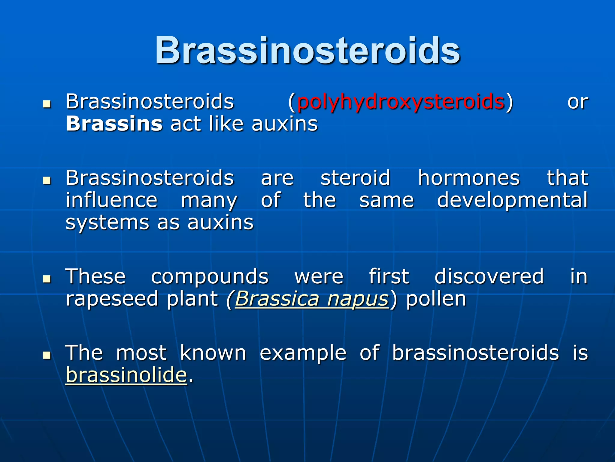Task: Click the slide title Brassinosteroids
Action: [307, 51]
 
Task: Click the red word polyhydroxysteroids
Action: [401, 102]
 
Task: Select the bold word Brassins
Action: [114, 124]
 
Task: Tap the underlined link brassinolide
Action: [126, 375]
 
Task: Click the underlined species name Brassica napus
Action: [312, 299]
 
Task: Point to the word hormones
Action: [468, 178]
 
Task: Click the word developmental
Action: [512, 200]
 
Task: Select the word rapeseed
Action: [112, 299]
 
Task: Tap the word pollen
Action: [436, 299]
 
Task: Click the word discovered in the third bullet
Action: [489, 276]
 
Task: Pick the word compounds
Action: [210, 277]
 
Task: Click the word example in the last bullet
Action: [303, 353]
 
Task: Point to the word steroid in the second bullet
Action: [355, 178]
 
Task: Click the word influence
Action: [111, 200]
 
